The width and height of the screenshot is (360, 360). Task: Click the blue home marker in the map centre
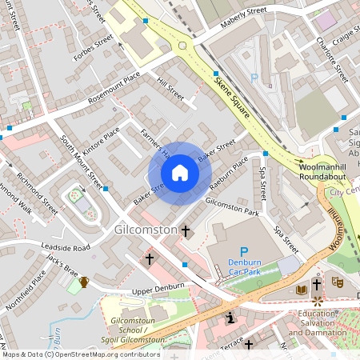[x=180, y=173]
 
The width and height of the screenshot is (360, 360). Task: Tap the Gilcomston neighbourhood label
[x=145, y=230]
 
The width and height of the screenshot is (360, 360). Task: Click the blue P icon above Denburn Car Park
[x=244, y=252]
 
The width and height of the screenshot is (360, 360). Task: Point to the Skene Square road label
[x=233, y=100]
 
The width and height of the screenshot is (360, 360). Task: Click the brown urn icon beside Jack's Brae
[x=83, y=281]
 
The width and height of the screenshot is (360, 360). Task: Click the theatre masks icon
[x=338, y=282]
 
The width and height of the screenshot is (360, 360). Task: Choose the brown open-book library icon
[x=301, y=289]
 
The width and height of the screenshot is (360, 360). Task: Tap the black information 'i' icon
[x=230, y=318]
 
